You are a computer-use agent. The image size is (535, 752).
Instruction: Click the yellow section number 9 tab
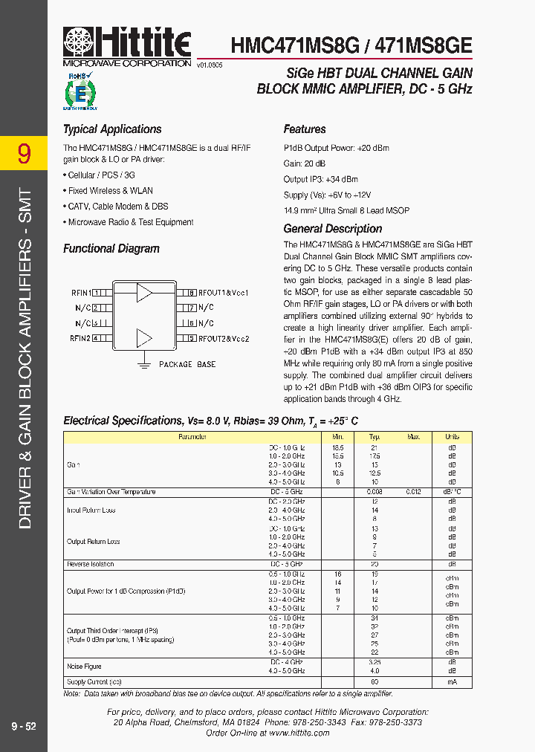pos(24,154)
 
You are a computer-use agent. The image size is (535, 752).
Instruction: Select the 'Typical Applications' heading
pos(112,129)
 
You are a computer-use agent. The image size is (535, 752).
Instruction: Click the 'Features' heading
pos(305,129)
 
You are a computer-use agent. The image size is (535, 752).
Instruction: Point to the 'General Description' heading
pos(333,229)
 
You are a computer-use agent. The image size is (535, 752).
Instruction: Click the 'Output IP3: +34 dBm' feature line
pos(320,179)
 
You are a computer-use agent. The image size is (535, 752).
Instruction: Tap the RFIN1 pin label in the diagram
pos(80,293)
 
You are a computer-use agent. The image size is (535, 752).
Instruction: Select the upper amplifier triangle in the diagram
pos(144,293)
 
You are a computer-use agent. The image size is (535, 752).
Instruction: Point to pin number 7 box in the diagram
pos(191,308)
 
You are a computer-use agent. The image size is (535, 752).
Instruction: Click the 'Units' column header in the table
pos(452,438)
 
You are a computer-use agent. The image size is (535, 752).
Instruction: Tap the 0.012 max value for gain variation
pos(413,492)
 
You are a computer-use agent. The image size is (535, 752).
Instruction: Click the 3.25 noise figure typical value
pos(375,662)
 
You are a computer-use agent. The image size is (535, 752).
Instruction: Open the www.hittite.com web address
pos(299,733)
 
